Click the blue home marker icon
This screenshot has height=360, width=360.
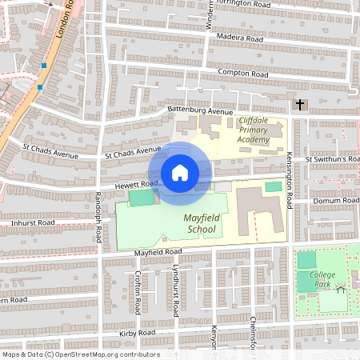point(180,173)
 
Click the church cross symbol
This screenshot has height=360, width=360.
point(301,104)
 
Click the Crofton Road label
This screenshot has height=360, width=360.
point(138,290)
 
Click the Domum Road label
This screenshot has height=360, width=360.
point(338,200)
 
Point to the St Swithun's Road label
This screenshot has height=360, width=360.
point(332,159)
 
